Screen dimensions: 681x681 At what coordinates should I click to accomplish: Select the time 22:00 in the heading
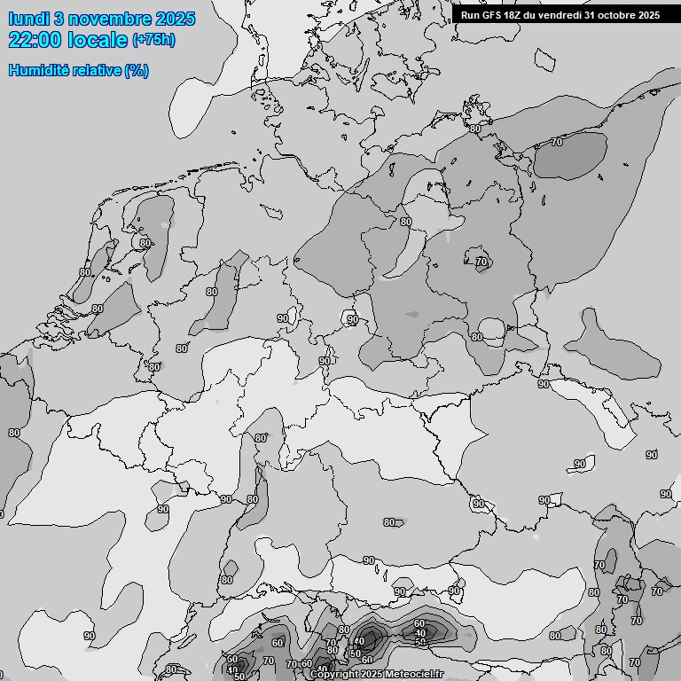coord(35,39)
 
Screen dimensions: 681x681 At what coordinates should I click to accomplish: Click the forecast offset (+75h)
coord(153,39)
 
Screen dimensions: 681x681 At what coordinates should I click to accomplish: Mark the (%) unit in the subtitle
coord(136,70)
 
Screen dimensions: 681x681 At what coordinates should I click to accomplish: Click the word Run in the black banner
coord(470,14)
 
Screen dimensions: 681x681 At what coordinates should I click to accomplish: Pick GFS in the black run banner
coord(492,14)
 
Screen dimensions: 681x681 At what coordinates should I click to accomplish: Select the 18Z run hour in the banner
coord(516,14)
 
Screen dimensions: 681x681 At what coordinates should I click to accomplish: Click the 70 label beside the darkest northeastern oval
coord(557,142)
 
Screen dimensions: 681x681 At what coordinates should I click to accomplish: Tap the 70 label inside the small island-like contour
coord(481,262)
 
